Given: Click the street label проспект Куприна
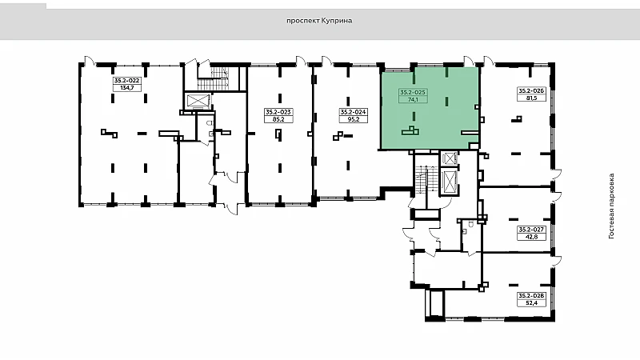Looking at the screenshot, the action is [319, 21].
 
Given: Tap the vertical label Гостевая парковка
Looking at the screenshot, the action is [611, 206].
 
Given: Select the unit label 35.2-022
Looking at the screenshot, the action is [127, 81].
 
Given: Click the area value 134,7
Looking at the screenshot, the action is [127, 88].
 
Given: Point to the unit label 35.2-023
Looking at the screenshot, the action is [278, 112].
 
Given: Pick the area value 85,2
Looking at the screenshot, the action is [278, 119].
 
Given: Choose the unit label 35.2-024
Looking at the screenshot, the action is [353, 112].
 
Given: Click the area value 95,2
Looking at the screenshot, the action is [353, 119].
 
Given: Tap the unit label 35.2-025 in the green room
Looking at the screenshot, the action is [413, 92].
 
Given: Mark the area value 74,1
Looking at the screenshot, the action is [413, 99].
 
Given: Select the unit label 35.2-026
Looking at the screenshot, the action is [531, 90].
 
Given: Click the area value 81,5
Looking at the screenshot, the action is [531, 98].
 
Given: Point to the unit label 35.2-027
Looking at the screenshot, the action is [531, 230].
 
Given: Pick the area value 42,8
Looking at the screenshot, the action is [531, 237].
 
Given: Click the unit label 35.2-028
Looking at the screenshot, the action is [531, 295].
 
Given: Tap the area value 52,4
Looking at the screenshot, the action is [531, 303].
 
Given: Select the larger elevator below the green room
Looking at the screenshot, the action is [450, 182].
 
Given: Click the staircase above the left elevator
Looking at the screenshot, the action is [214, 78].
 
